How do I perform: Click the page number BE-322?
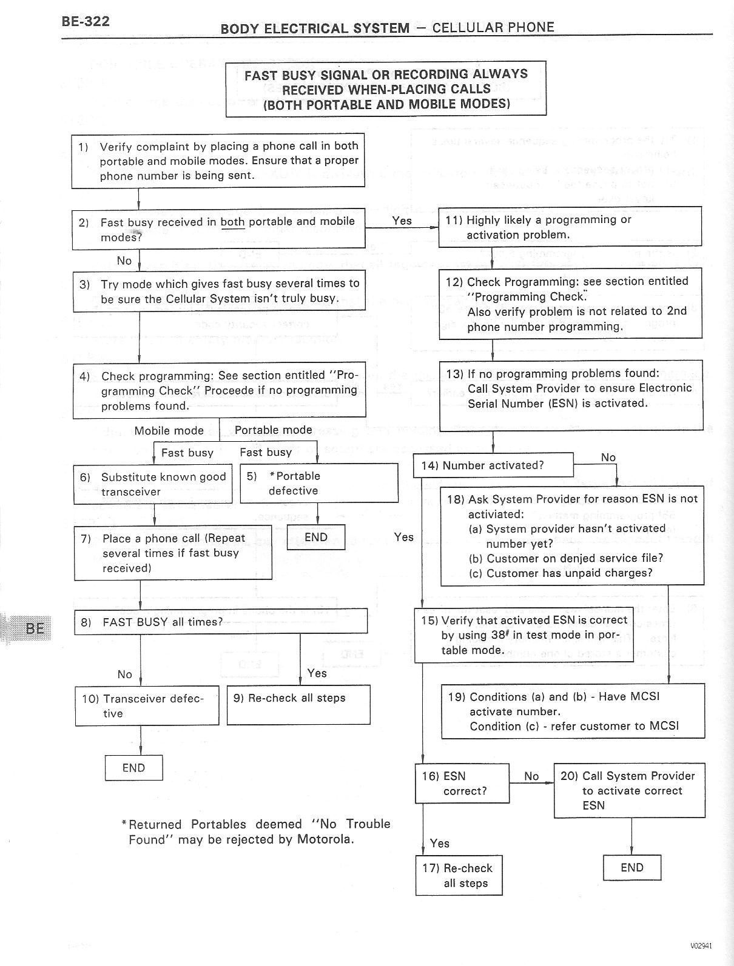[x=85, y=22]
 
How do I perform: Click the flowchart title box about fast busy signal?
[x=386, y=88]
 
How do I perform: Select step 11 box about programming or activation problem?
[x=570, y=227]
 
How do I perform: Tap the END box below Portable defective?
[x=315, y=538]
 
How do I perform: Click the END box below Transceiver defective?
[x=133, y=768]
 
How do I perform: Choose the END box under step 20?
[x=631, y=868]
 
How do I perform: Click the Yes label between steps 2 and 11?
[x=402, y=221]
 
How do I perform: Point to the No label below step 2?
[x=124, y=261]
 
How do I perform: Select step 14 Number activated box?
[x=493, y=465]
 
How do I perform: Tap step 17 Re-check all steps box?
[x=459, y=875]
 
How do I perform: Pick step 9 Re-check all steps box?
[x=298, y=705]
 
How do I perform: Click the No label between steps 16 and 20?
[x=531, y=776]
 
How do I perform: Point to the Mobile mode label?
[x=169, y=431]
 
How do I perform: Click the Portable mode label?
[x=273, y=430]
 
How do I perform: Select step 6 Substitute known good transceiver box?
[x=152, y=484]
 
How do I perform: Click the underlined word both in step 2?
[x=232, y=222]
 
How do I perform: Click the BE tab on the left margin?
[x=33, y=628]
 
